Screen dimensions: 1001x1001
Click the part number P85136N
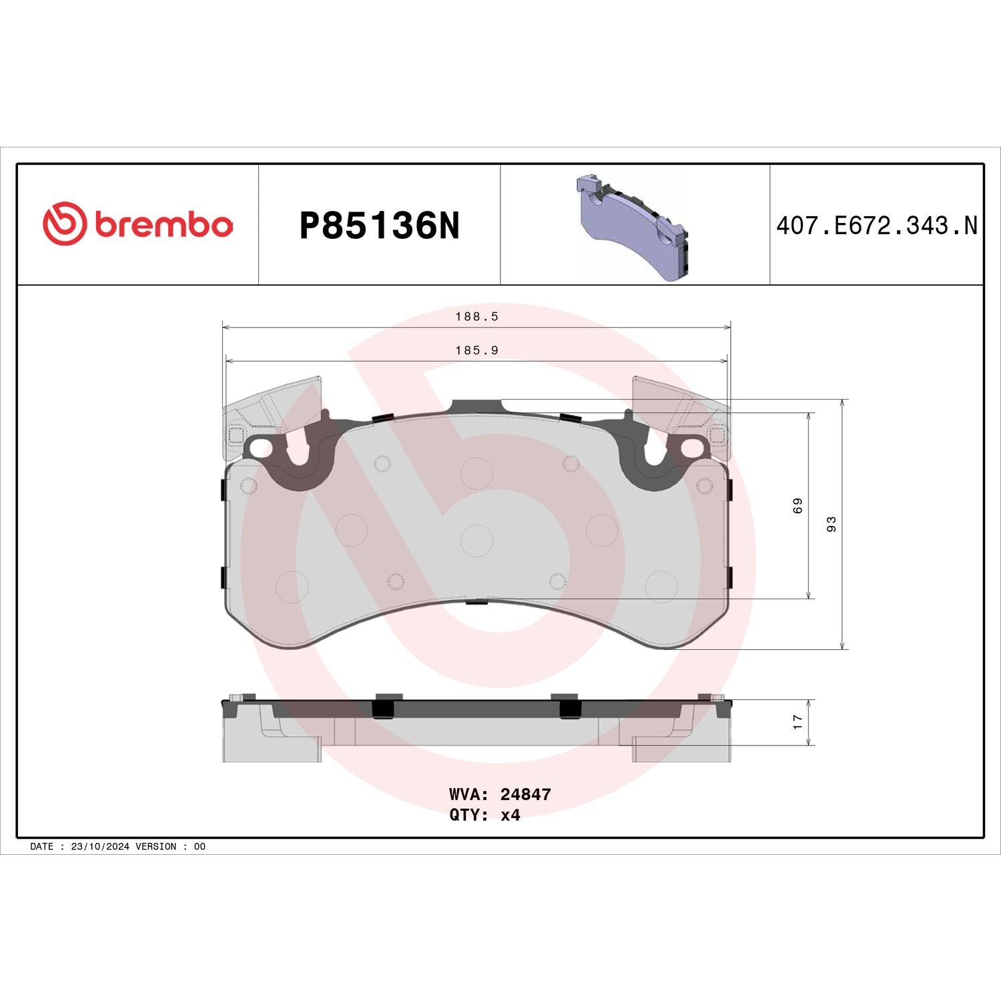pyautogui.click(x=379, y=226)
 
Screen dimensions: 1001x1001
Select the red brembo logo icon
pyautogui.click(x=65, y=224)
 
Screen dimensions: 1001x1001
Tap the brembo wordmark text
pyautogui.click(x=164, y=225)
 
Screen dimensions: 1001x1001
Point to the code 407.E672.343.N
pyautogui.click(x=876, y=226)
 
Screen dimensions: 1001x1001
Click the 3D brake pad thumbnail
pyautogui.click(x=631, y=227)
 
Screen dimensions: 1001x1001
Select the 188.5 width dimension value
pyautogui.click(x=476, y=316)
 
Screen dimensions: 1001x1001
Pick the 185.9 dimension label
pyautogui.click(x=476, y=350)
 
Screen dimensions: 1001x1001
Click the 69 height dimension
pyautogui.click(x=797, y=506)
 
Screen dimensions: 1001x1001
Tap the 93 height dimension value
pyautogui.click(x=831, y=524)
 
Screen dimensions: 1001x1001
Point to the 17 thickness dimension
pyautogui.click(x=797, y=722)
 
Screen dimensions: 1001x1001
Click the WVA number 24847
pyautogui.click(x=525, y=794)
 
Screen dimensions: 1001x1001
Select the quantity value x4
pyautogui.click(x=510, y=815)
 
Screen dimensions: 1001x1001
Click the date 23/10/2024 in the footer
pyautogui.click(x=100, y=846)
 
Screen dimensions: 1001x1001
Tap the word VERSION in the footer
pyautogui.click(x=155, y=846)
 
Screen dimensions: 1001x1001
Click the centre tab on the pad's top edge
pyautogui.click(x=476, y=406)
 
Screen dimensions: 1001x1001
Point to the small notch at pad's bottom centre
pyautogui.click(x=476, y=603)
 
